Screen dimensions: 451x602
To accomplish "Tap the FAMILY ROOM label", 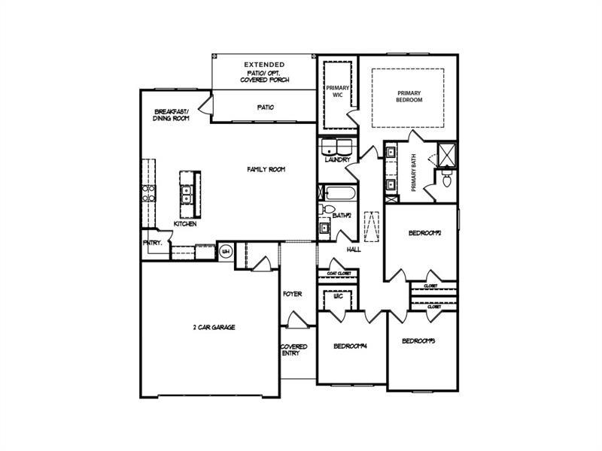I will click(x=266, y=170).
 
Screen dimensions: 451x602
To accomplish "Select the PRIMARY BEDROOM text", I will click(x=409, y=95).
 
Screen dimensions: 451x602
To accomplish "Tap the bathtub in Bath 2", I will click(x=337, y=194).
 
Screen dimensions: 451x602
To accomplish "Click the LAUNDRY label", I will click(x=337, y=159).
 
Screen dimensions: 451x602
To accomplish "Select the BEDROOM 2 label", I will click(x=424, y=233).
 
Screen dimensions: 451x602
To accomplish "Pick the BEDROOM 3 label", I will click(x=419, y=341).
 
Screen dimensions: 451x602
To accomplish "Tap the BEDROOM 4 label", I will click(x=350, y=346).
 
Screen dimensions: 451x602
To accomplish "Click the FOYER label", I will click(x=292, y=293).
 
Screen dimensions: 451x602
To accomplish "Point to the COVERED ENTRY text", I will click(x=293, y=350).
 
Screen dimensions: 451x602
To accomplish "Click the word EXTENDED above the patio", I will click(x=264, y=65).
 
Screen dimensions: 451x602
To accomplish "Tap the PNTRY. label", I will click(x=152, y=243).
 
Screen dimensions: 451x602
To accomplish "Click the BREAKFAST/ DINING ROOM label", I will click(x=171, y=114).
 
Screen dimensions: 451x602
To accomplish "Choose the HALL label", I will click(x=353, y=249).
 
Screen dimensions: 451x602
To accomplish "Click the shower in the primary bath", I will click(x=448, y=154).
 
